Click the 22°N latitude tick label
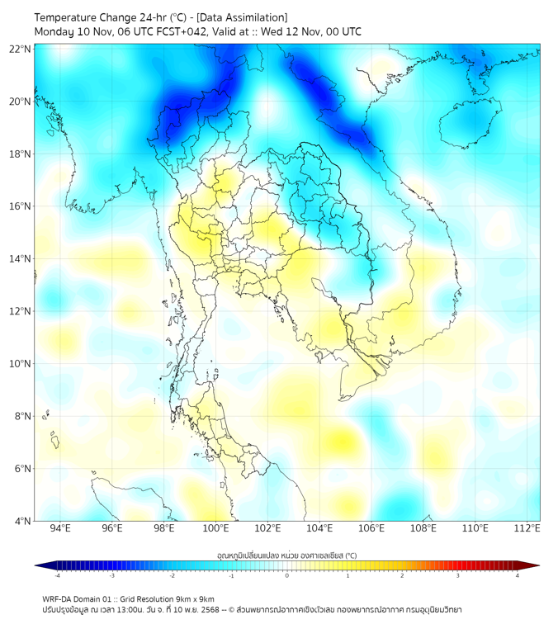tap(21, 49)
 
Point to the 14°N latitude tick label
tap(21, 259)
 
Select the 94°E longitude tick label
tap(60, 528)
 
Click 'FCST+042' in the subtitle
tap(168, 31)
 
